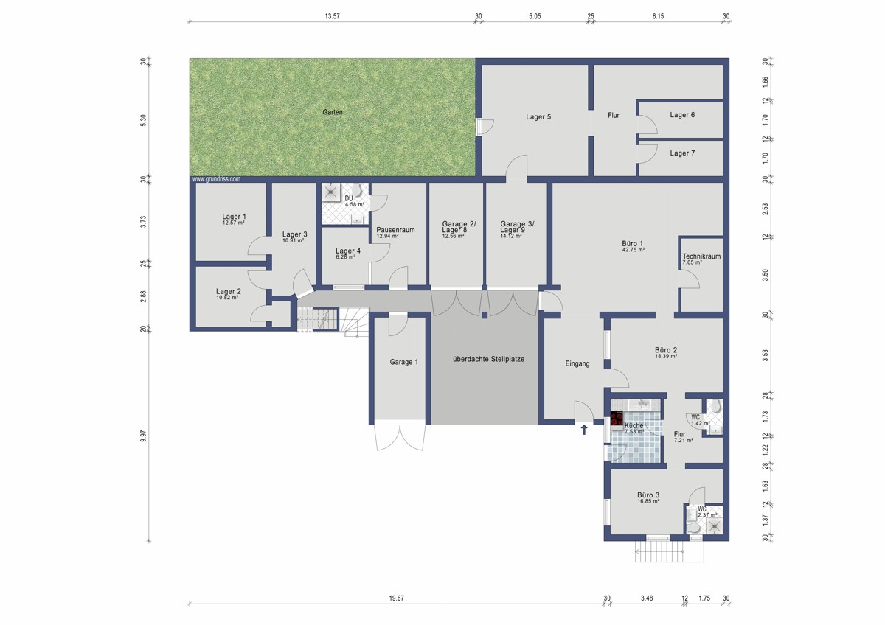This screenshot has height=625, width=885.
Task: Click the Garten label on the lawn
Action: pyautogui.click(x=333, y=112)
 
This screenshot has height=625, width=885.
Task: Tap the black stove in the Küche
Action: pyautogui.click(x=617, y=419)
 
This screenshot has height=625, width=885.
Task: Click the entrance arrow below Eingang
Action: pyautogui.click(x=583, y=430)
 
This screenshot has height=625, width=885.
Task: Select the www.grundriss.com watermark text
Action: pyautogui.click(x=217, y=179)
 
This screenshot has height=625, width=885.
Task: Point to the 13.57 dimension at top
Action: pyautogui.click(x=333, y=16)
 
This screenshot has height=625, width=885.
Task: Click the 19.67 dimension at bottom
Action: pyautogui.click(x=396, y=598)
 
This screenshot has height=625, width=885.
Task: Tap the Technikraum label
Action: pyautogui.click(x=701, y=256)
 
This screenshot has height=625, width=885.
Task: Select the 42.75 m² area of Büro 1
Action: pyautogui.click(x=634, y=250)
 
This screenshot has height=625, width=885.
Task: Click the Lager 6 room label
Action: pyautogui.click(x=682, y=115)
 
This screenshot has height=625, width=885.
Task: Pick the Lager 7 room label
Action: pyautogui.click(x=682, y=153)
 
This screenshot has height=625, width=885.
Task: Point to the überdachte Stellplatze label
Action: pyautogui.click(x=489, y=359)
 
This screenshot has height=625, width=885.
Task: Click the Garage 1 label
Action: pyautogui.click(x=404, y=362)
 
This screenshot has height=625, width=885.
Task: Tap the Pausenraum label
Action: pyautogui.click(x=395, y=230)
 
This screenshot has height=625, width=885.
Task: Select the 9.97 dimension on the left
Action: pyautogui.click(x=143, y=436)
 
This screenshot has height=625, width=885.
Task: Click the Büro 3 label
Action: pyautogui.click(x=648, y=495)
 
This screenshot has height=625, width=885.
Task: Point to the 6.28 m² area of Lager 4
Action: pyautogui.click(x=345, y=257)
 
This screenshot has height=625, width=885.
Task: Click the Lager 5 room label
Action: pyautogui.click(x=538, y=117)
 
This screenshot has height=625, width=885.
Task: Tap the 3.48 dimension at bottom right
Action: pyautogui.click(x=647, y=598)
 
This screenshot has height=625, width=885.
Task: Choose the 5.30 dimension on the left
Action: pyautogui.click(x=143, y=120)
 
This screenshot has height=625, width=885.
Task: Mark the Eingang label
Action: pyautogui.click(x=577, y=363)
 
